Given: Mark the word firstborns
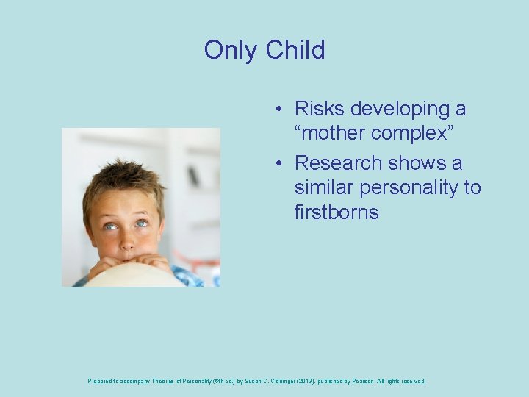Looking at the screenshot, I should point(337,212).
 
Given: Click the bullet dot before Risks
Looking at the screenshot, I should point(280,110).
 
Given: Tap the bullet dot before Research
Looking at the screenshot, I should point(280,163).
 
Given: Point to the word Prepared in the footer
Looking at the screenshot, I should point(101,382).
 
